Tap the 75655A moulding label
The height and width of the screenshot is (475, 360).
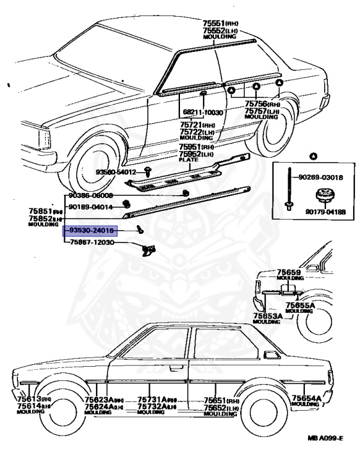[x=300, y=305]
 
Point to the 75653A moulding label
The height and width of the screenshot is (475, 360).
[x=267, y=315]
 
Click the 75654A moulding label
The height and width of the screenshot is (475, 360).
[x=306, y=398]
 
